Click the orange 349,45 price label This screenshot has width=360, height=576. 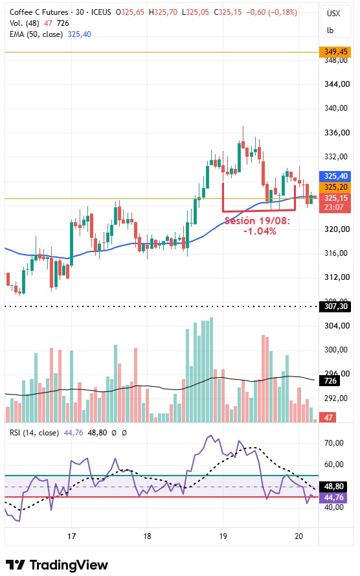[x=335, y=52]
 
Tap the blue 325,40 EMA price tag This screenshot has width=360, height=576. [x=335, y=176]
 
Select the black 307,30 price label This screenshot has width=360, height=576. [x=335, y=306]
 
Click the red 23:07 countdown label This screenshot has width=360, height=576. [x=333, y=207]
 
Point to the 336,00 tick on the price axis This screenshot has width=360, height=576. [x=336, y=133]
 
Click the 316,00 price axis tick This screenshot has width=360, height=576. [x=336, y=253]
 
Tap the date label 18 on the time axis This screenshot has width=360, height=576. [x=147, y=536]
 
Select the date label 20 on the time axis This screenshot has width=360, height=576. [x=298, y=536]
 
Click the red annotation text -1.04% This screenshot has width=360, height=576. [x=260, y=231]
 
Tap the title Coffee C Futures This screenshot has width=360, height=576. [x=39, y=12]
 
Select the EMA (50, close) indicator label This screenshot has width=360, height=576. [x=36, y=34]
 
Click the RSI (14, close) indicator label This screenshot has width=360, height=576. [x=34, y=433]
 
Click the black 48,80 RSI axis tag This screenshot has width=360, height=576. [x=333, y=487]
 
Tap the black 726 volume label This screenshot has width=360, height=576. [x=330, y=380]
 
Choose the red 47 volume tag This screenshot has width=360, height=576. [x=328, y=417]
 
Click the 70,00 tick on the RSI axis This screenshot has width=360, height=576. [x=334, y=443]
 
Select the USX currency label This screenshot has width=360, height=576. [x=333, y=14]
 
